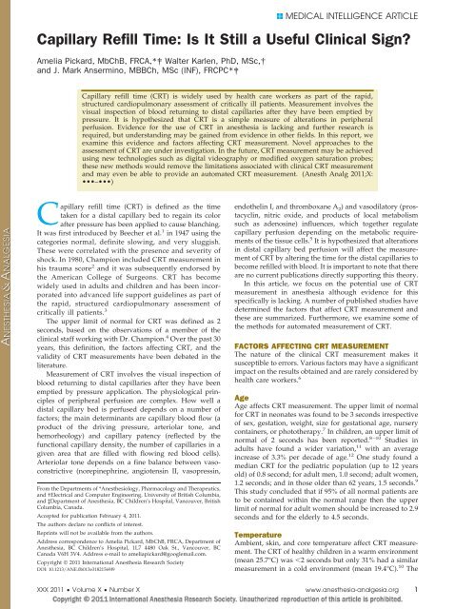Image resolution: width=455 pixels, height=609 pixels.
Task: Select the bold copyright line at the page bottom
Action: point(227,599)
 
